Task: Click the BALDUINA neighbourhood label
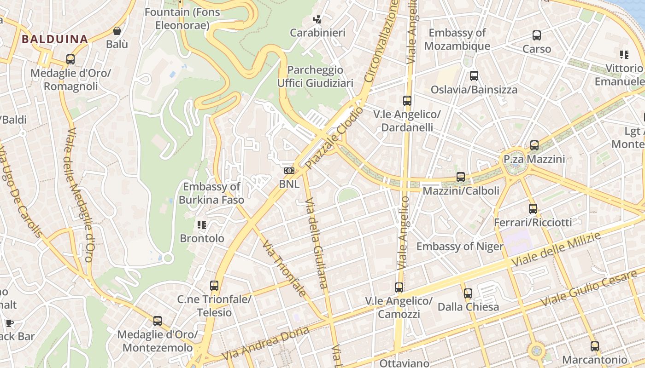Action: [x=54, y=39]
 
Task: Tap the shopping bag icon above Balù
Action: [x=117, y=31]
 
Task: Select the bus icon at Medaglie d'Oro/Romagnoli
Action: [x=70, y=59]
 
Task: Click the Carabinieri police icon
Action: [x=317, y=19]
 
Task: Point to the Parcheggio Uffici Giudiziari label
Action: [x=315, y=76]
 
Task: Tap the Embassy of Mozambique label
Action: [x=457, y=40]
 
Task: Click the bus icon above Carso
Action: [x=537, y=35]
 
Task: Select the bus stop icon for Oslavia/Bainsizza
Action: [x=474, y=76]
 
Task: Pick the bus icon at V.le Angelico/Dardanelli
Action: [x=407, y=101]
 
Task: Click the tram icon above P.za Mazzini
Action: [x=534, y=145]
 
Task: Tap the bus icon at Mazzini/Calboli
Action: [x=461, y=177]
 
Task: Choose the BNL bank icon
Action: [x=289, y=171]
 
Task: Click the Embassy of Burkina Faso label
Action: [x=211, y=193]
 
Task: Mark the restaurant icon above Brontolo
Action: [x=202, y=225]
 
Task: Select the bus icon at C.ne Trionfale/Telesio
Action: [x=214, y=286]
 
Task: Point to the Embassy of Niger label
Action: [x=460, y=247]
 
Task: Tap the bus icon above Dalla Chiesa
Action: [x=468, y=293]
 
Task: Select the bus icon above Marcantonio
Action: [x=595, y=346]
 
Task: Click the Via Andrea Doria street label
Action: [x=265, y=344]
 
